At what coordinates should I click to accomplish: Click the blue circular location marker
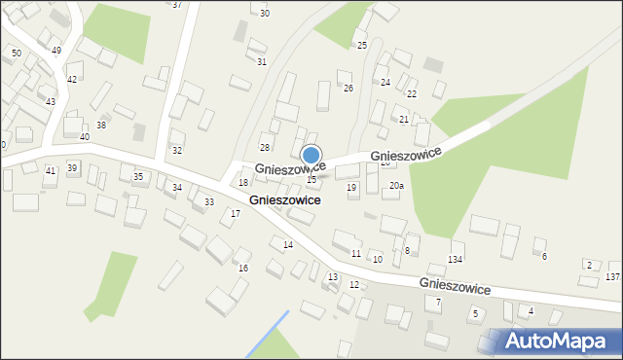click(311, 155)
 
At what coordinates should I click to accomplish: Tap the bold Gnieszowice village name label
click(285, 199)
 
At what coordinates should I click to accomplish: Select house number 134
click(456, 259)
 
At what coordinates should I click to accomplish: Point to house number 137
click(612, 277)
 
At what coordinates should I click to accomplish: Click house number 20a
click(396, 185)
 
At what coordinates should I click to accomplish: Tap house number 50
click(16, 53)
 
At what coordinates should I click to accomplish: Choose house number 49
click(55, 50)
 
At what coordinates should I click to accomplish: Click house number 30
click(265, 13)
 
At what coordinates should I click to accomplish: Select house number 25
click(361, 45)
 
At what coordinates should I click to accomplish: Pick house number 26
click(348, 88)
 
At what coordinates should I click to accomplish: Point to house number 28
click(264, 147)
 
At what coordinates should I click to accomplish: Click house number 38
click(101, 126)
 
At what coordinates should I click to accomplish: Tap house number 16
click(243, 268)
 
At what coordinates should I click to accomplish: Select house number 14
click(287, 244)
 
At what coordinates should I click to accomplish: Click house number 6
click(544, 256)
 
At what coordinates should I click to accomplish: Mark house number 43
click(50, 101)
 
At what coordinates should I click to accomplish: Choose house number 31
click(262, 61)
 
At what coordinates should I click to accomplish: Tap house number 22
click(412, 93)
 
